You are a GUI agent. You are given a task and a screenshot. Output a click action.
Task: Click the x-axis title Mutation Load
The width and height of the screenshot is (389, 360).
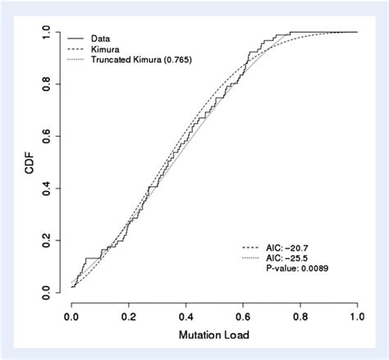(214, 336)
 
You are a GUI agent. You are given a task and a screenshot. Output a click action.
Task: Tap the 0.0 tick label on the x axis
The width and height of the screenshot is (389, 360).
(72, 316)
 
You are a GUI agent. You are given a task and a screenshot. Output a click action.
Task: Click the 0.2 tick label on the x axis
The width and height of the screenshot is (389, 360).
(129, 316)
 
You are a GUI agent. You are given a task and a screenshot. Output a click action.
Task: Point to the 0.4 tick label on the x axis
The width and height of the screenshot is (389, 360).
(186, 316)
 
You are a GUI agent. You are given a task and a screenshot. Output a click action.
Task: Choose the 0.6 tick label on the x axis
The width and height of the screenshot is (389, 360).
(243, 316)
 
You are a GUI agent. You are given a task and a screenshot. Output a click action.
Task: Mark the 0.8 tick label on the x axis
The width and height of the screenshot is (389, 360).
(300, 316)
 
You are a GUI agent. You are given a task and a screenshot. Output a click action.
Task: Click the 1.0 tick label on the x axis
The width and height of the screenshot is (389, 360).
(357, 316)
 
